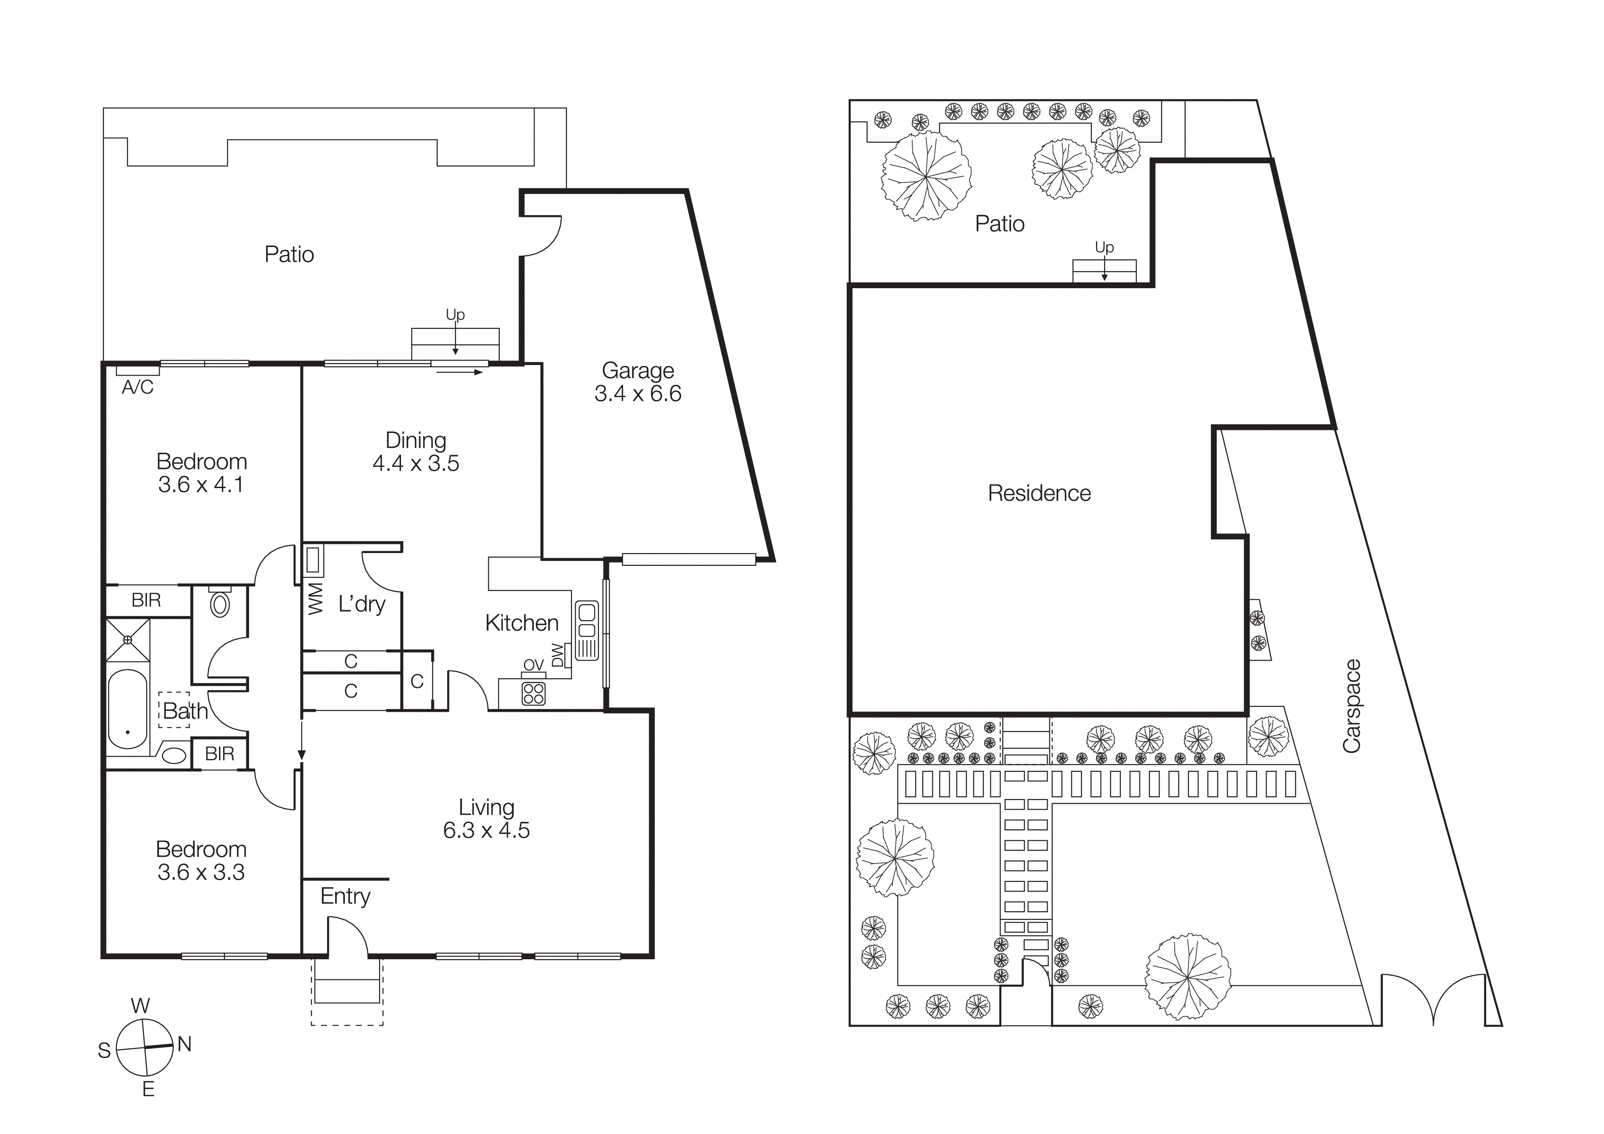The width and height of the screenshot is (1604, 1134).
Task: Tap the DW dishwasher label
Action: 557,655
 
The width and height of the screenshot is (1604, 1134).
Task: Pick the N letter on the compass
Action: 184,1044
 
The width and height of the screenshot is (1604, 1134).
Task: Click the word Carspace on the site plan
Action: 1351,706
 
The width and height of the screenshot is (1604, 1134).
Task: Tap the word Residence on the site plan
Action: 1039,493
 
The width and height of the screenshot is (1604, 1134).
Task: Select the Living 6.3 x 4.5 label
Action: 486,819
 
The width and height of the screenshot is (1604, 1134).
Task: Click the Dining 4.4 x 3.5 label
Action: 416,451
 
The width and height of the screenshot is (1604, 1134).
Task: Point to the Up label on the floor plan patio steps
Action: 455,314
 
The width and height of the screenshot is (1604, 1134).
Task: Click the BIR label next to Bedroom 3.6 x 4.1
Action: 146,600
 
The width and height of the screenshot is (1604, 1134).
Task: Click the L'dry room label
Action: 361,604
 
